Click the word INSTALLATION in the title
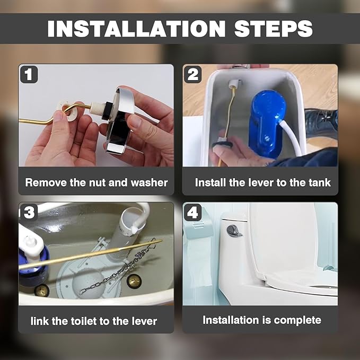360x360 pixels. point(136,29)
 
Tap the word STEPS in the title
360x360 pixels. point(273,29)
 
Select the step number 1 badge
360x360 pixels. point(29,74)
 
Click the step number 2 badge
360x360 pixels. point(193,74)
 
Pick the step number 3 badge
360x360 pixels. point(29,212)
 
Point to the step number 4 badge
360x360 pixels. point(193,212)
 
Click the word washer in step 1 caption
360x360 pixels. point(149,183)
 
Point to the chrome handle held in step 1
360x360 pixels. point(119,119)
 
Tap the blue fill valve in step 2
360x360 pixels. point(267,124)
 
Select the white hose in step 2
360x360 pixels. point(292,138)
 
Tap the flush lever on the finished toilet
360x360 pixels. point(234,231)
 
